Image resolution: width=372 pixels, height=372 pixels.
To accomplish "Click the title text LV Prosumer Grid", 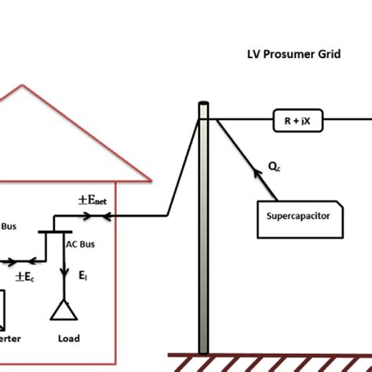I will click(294, 57).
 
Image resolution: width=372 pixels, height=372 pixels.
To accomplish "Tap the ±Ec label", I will click(26, 276).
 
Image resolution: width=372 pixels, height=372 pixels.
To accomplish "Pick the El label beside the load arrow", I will click(82, 276).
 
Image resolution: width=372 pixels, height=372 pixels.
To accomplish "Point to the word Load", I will click(68, 338).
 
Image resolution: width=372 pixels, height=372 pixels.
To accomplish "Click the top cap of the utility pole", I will click(203, 104).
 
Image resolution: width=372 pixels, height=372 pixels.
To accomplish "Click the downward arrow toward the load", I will click(62, 275).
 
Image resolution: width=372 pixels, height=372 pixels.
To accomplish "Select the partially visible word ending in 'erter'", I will click(10, 338).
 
